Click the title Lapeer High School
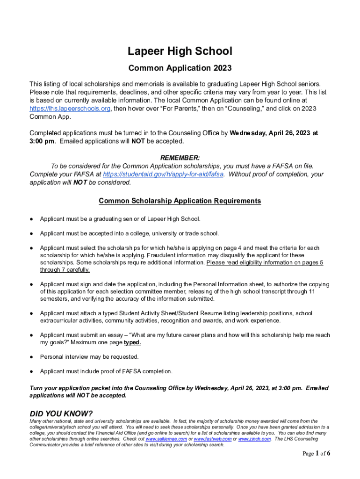pos(180,51)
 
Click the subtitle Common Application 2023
pos(180,68)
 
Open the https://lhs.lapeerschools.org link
pos(70,109)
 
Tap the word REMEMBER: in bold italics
pos(180,158)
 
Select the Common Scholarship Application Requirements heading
pos(180,201)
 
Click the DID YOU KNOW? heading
pos(61,414)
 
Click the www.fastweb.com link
pos(212,439)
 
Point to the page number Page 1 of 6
pos(317,453)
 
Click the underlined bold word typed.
pos(132,342)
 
